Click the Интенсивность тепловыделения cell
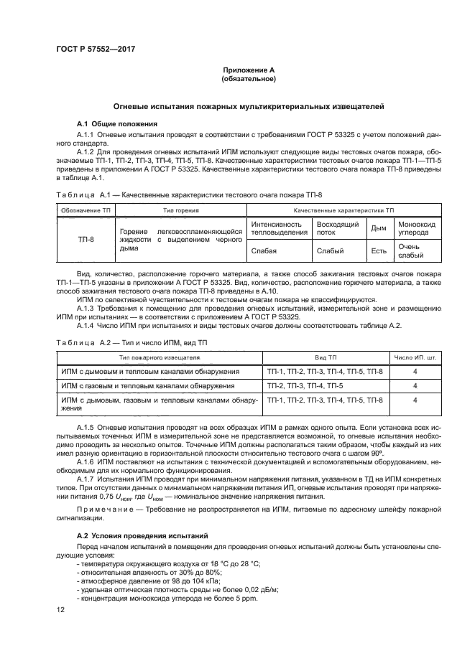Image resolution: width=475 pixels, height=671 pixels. (278, 229)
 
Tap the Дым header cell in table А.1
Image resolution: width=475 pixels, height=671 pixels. (378, 229)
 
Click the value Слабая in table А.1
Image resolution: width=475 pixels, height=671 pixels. (264, 250)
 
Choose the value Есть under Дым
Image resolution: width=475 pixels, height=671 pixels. (378, 250)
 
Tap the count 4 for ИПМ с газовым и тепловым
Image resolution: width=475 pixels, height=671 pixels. (415, 385)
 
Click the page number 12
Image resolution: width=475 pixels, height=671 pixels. (60, 610)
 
